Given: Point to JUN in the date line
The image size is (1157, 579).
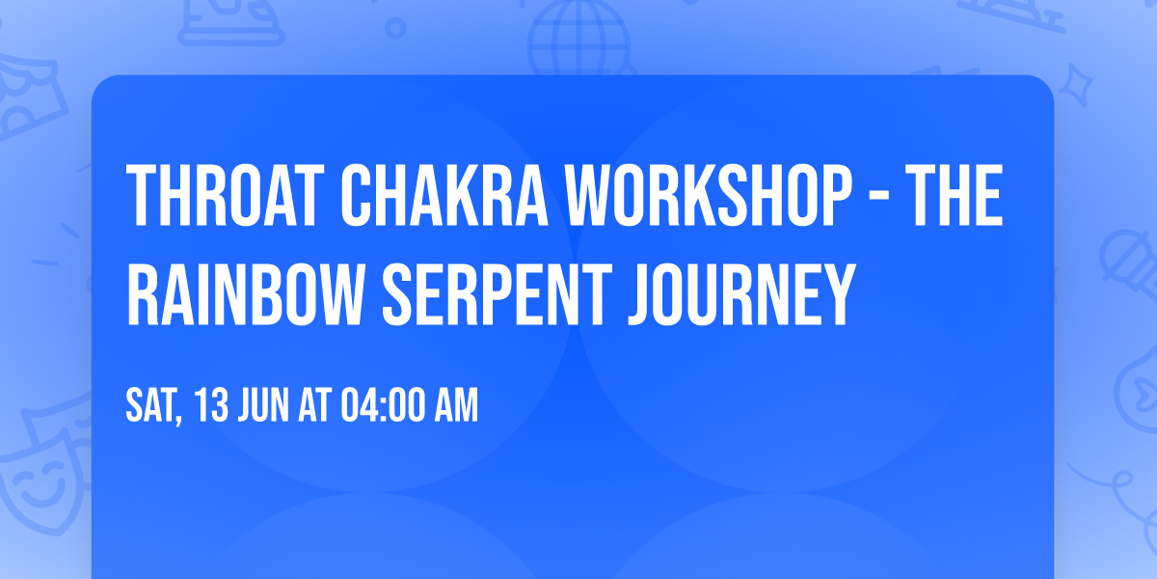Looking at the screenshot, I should [x=262, y=406].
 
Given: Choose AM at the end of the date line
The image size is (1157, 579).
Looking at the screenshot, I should [x=454, y=406].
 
